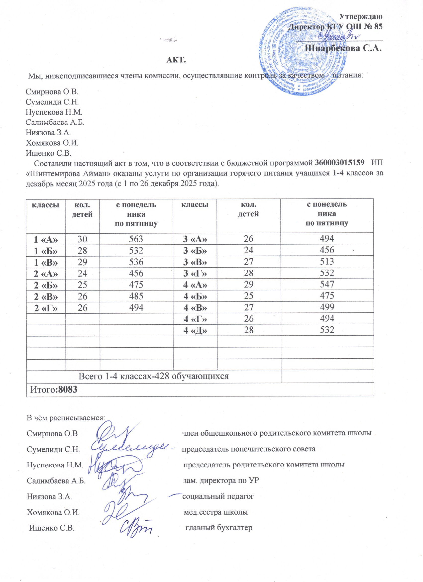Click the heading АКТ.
tap(176, 60)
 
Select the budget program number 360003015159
tap(340, 163)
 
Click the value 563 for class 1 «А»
tap(136, 239)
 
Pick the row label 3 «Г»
tap(195, 273)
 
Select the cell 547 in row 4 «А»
tap(327, 284)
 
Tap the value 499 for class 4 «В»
tap(327, 307)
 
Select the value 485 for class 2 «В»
tap(136, 296)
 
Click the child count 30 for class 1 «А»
tap(82, 239)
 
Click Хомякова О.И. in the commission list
tap(52, 143)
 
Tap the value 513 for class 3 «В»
tap(327, 262)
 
